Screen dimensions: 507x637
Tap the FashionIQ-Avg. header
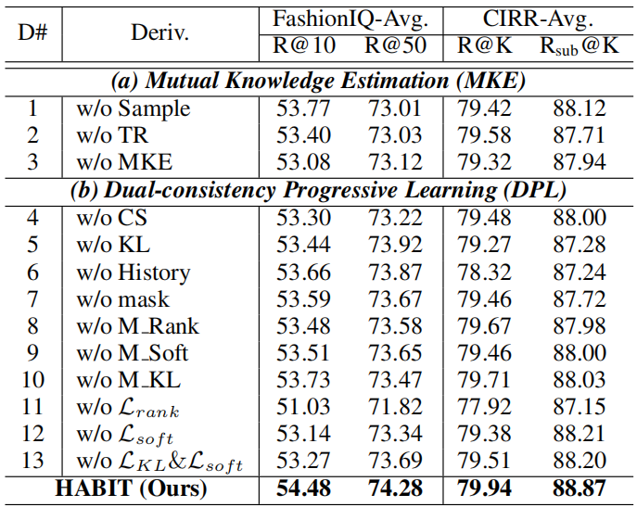click(x=350, y=19)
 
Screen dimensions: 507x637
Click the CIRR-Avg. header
click(x=537, y=19)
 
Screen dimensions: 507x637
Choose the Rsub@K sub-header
click(x=580, y=45)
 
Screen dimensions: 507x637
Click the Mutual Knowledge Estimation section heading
click(x=320, y=81)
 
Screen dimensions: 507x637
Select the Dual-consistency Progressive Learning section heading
click(x=320, y=192)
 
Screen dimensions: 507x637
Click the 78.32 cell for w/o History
click(x=485, y=273)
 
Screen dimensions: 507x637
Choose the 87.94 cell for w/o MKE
click(x=580, y=163)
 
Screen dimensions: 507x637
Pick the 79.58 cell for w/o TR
click(x=485, y=136)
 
